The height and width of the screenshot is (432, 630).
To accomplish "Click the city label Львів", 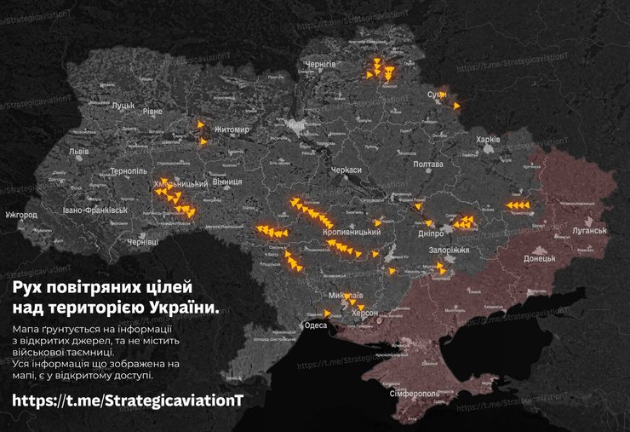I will click(x=78, y=151).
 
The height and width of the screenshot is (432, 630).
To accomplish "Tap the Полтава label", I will click(x=427, y=164).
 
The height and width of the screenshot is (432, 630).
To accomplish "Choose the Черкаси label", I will click(x=346, y=170).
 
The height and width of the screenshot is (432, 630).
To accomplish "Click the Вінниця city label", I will click(x=226, y=181).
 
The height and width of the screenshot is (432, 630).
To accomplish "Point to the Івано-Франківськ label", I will click(x=94, y=209).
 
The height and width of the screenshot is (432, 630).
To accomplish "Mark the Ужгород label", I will click(x=20, y=215).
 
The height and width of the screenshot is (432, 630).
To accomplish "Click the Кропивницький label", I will click(x=352, y=232).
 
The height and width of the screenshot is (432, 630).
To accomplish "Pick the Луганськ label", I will click(x=588, y=231).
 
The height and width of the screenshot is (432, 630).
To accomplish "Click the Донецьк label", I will click(x=539, y=257).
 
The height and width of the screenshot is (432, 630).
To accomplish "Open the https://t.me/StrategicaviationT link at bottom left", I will click(x=128, y=400).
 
